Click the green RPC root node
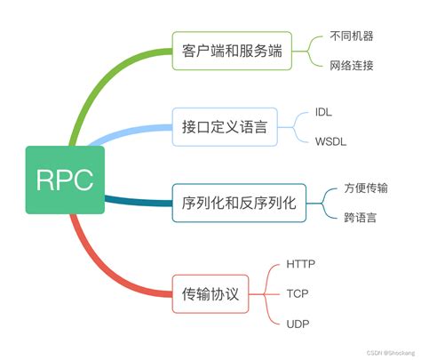click(x=64, y=180)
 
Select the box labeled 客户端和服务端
click(x=230, y=50)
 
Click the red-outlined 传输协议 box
click(x=210, y=293)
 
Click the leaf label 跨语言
click(x=359, y=216)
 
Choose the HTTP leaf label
click(x=301, y=265)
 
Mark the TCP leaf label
click(x=297, y=293)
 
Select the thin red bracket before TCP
click(x=269, y=293)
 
